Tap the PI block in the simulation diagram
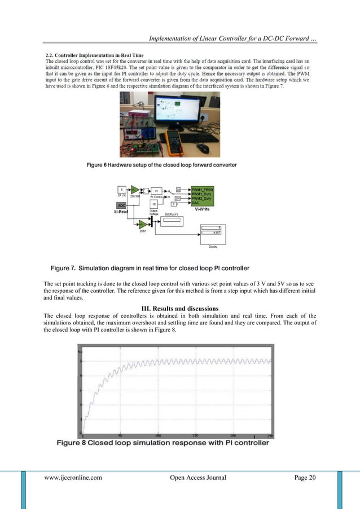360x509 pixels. tap(157, 191)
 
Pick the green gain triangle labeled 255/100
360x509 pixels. tap(135, 190)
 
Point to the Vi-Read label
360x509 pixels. tap(121, 212)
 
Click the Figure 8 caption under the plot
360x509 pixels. tap(163, 442)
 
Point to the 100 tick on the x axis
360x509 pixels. tap(158, 436)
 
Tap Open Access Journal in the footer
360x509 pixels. tap(197, 478)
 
